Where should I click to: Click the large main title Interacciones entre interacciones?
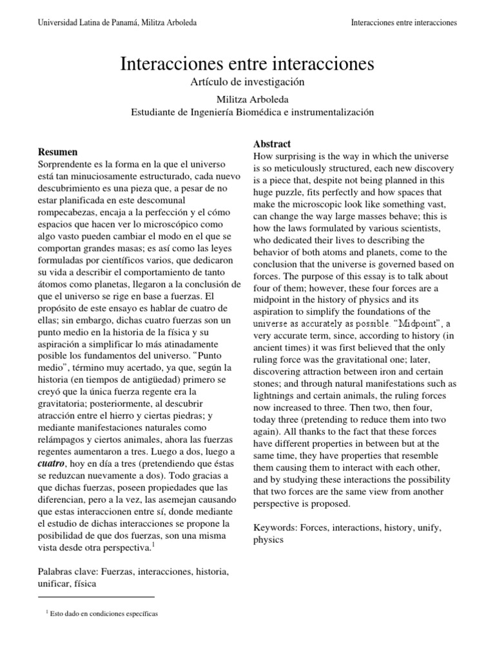pos(247,64)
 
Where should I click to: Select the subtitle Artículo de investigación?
pos(247,82)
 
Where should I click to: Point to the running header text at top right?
pos(403,23)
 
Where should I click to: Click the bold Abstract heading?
pos(271,144)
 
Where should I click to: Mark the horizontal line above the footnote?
pos(97,597)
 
